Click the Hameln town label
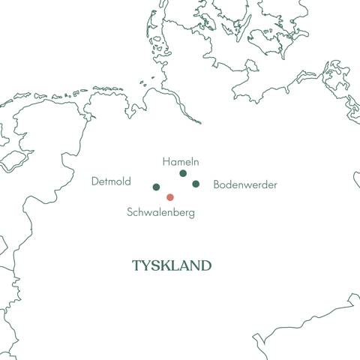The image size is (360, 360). [180, 161]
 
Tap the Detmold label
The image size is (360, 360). [111, 181]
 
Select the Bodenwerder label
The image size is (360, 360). [245, 184]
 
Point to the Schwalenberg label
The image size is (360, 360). [160, 213]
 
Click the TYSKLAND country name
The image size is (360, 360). [172, 266]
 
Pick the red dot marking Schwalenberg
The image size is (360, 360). [170, 197]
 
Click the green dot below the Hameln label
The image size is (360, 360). [183, 173]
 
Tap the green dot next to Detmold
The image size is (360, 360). [156, 187]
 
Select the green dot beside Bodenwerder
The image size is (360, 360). [196, 184]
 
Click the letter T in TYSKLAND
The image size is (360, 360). [136, 266]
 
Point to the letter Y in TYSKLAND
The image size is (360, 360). [147, 266]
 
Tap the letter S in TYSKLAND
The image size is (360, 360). [157, 266]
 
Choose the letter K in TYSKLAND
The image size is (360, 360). [167, 266]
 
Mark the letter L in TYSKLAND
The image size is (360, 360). [177, 266]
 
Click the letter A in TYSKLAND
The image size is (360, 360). [186, 266]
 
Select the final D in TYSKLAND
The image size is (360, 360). [206, 266]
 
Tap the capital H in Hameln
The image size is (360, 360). [165, 161]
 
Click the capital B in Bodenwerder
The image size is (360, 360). [217, 184]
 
